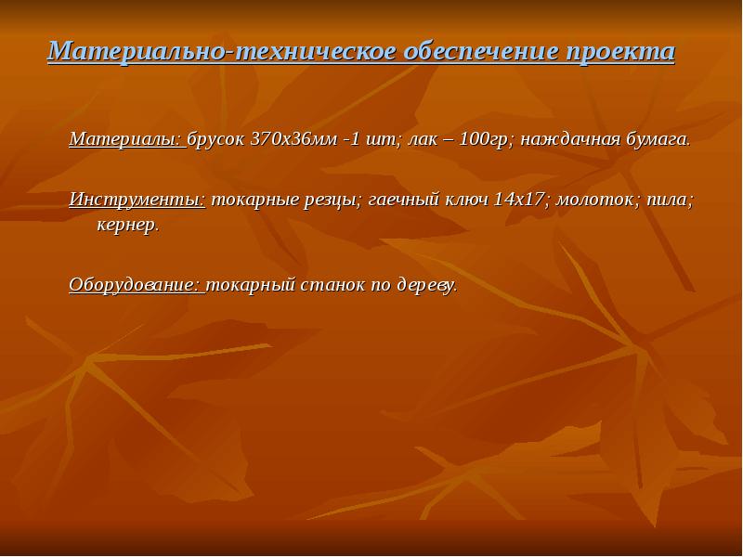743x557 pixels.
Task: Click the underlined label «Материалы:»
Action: pyautogui.click(x=126, y=141)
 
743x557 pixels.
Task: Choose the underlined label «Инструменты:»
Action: pyautogui.click(x=137, y=200)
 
